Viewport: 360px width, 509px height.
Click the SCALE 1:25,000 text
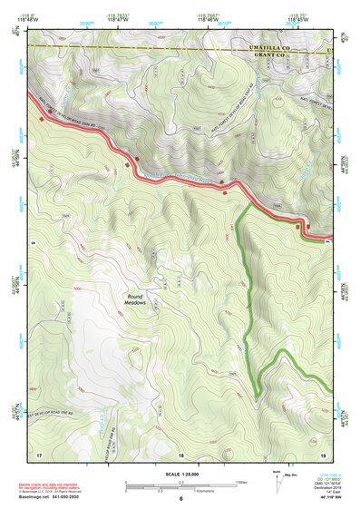[x=180, y=474]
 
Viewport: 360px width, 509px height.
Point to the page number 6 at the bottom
[x=180, y=499]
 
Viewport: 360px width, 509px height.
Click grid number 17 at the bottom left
[x=39, y=454]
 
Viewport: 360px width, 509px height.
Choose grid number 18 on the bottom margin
[x=180, y=454]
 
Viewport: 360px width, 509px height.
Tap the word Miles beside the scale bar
[x=242, y=481]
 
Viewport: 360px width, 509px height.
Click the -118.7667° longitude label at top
[x=208, y=15]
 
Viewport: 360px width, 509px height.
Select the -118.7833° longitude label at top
[x=118, y=15]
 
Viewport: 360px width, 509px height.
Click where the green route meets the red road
[x=249, y=203]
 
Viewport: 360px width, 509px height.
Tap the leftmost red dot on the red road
[x=41, y=119]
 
